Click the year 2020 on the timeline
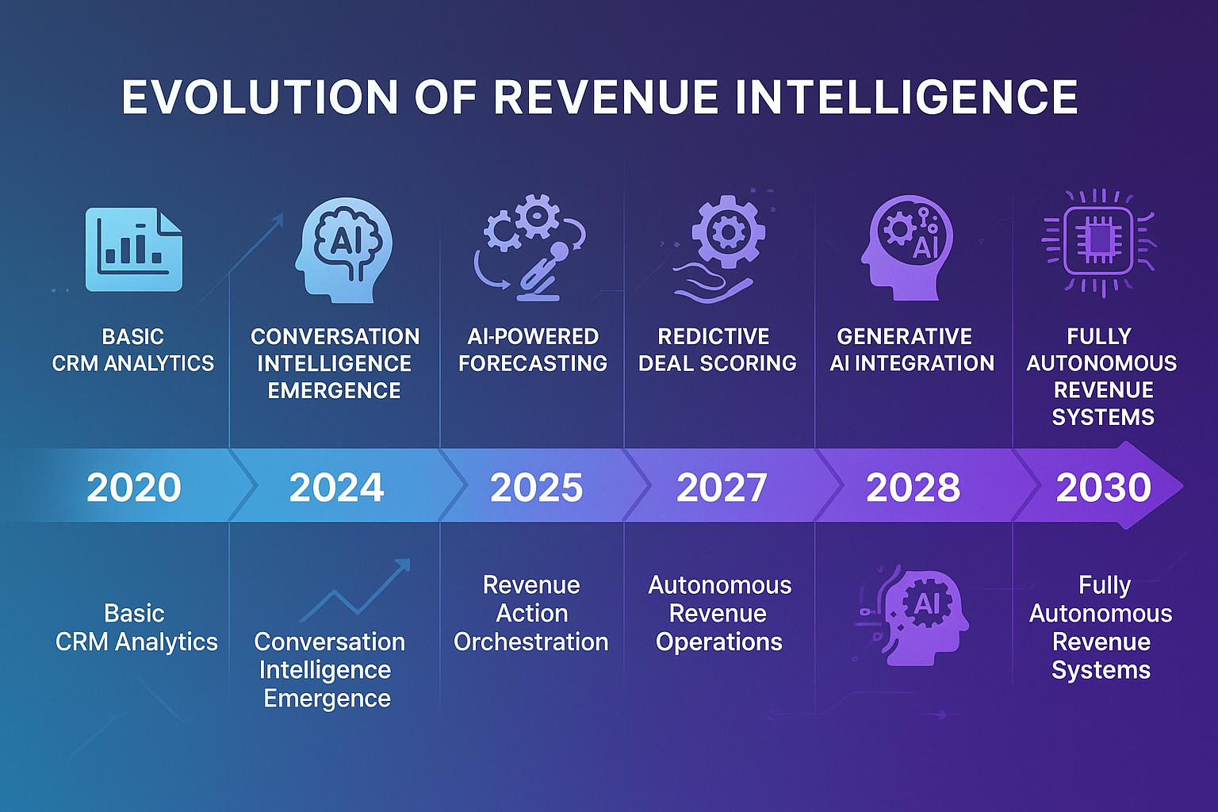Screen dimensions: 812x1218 coord(133,487)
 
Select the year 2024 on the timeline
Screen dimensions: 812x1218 coord(336,487)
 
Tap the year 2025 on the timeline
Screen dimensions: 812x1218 coord(536,487)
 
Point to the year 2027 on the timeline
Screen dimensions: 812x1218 coord(722,487)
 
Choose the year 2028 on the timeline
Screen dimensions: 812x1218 coord(913,487)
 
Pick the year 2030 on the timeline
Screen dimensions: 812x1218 coord(1103,487)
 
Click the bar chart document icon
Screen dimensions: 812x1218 coord(133,249)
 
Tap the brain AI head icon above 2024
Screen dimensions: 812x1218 coord(343,249)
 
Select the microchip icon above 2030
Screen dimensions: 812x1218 coord(1099,241)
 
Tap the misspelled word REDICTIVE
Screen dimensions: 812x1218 coord(714,336)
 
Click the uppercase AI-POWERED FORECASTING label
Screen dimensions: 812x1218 coord(533,350)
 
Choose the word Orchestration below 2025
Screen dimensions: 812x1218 coord(531,642)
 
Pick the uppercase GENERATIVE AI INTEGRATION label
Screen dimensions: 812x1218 coord(912,350)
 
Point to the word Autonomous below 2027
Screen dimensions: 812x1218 coord(720,585)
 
